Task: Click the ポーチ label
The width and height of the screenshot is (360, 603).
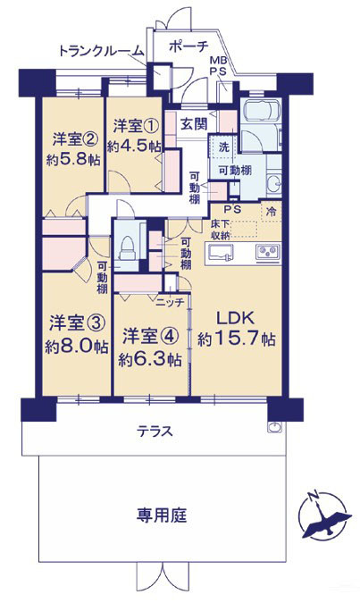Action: (188, 47)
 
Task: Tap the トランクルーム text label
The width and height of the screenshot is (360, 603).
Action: (102, 51)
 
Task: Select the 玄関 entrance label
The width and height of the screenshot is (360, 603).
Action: (194, 124)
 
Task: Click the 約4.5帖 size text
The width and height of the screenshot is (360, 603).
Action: (134, 147)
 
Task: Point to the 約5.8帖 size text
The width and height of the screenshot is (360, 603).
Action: (73, 159)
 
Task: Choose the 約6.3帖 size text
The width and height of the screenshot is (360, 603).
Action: (150, 360)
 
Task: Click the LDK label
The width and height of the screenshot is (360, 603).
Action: (236, 318)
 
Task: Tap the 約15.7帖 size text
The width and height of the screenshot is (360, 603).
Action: (237, 339)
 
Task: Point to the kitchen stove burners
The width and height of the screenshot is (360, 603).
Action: (268, 252)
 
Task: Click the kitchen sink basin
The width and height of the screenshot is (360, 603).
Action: (220, 253)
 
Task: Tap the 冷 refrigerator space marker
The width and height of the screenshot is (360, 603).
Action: (272, 211)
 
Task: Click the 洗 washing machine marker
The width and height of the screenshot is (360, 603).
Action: (224, 147)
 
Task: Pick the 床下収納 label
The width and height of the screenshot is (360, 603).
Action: (220, 230)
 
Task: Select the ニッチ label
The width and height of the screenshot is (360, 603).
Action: (170, 303)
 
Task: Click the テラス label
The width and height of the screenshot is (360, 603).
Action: (155, 431)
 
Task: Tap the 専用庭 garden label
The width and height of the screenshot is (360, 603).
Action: (162, 515)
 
